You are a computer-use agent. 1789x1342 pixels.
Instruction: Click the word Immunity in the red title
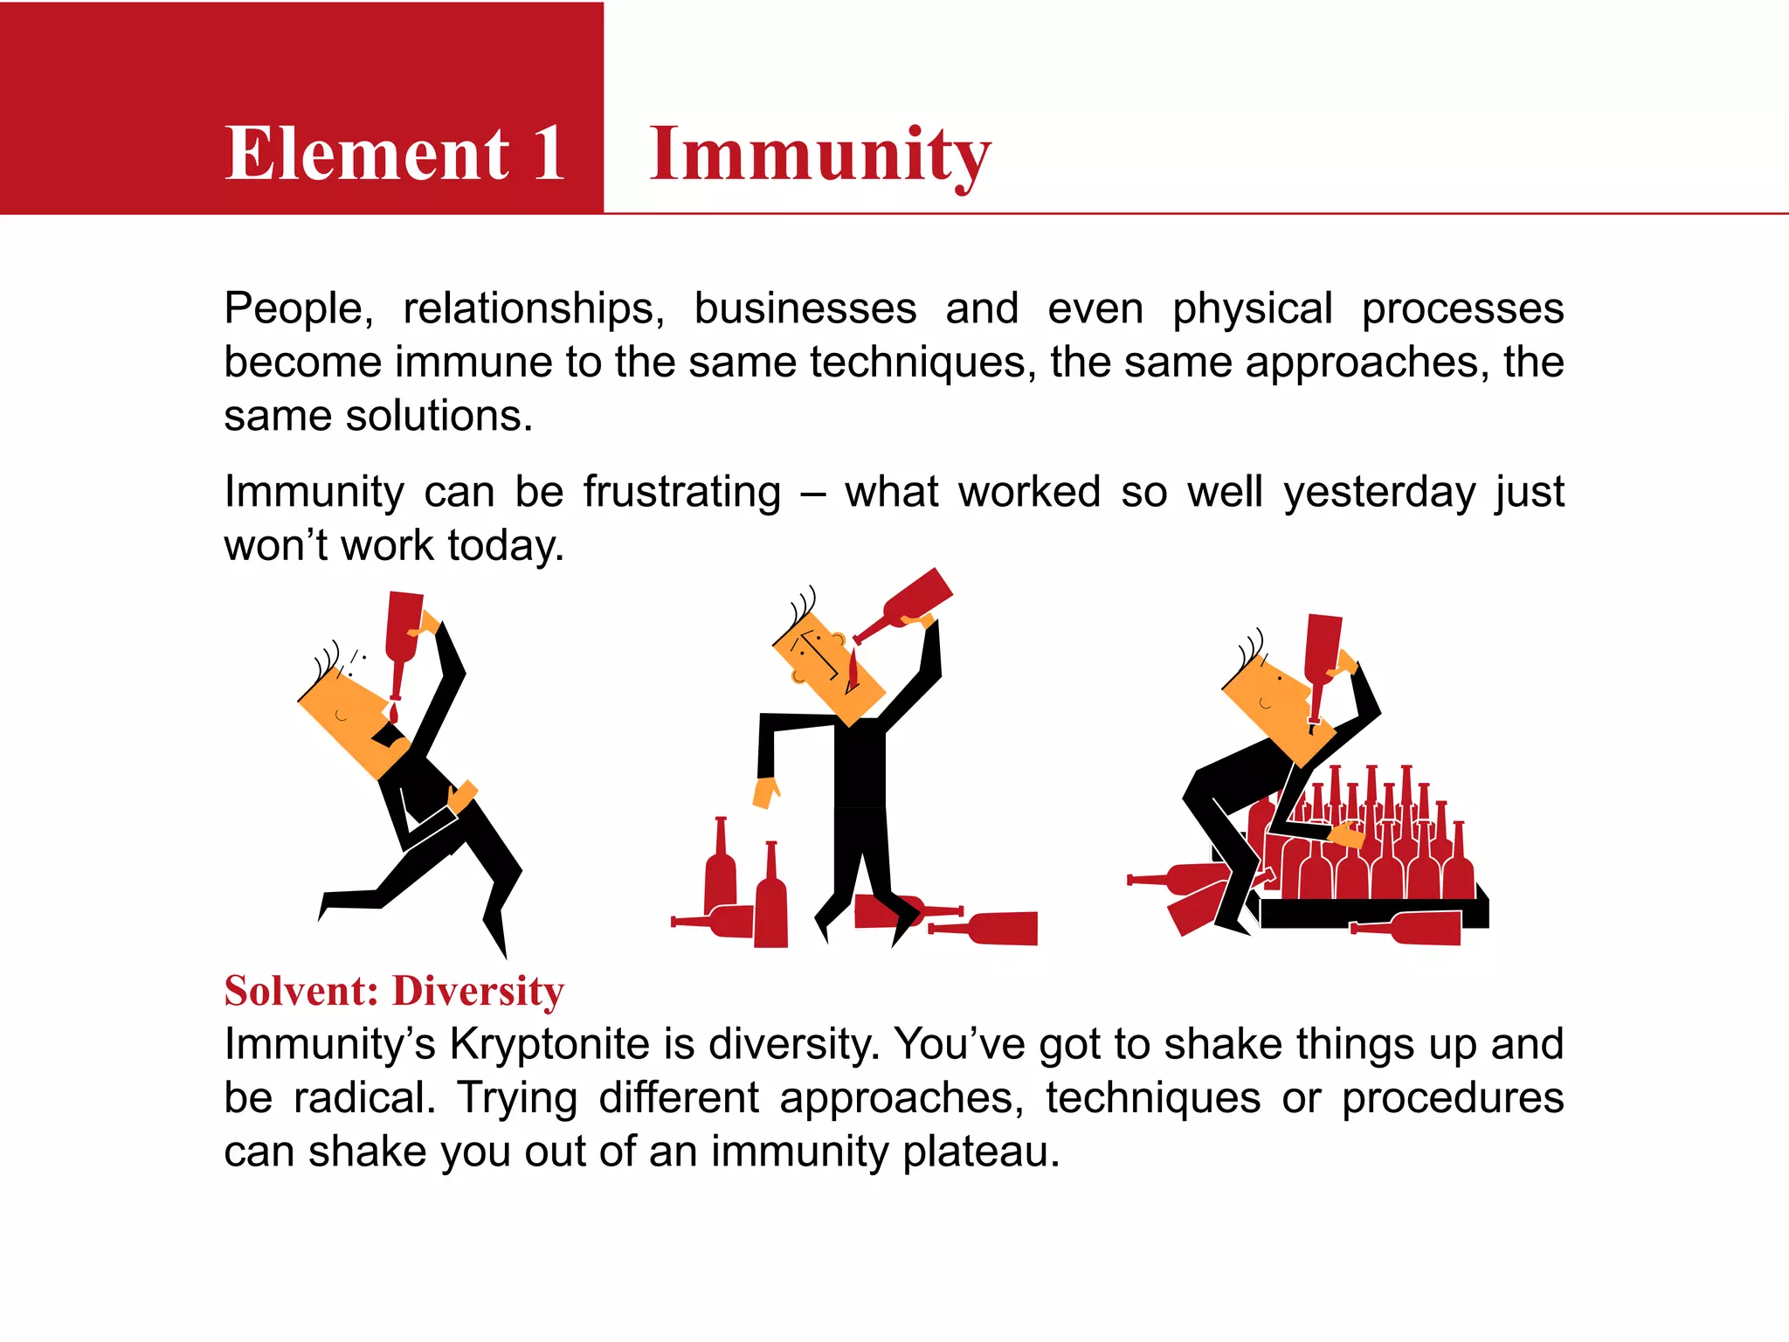[819, 155]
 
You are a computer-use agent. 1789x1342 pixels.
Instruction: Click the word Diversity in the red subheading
[478, 993]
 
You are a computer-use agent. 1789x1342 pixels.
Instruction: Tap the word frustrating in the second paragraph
[681, 492]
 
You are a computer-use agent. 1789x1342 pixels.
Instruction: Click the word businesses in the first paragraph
[805, 309]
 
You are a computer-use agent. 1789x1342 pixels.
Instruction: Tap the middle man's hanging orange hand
[765, 792]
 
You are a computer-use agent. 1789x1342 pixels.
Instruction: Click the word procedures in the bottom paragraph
[1452, 1098]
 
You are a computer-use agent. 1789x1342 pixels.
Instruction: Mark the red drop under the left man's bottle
[394, 715]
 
